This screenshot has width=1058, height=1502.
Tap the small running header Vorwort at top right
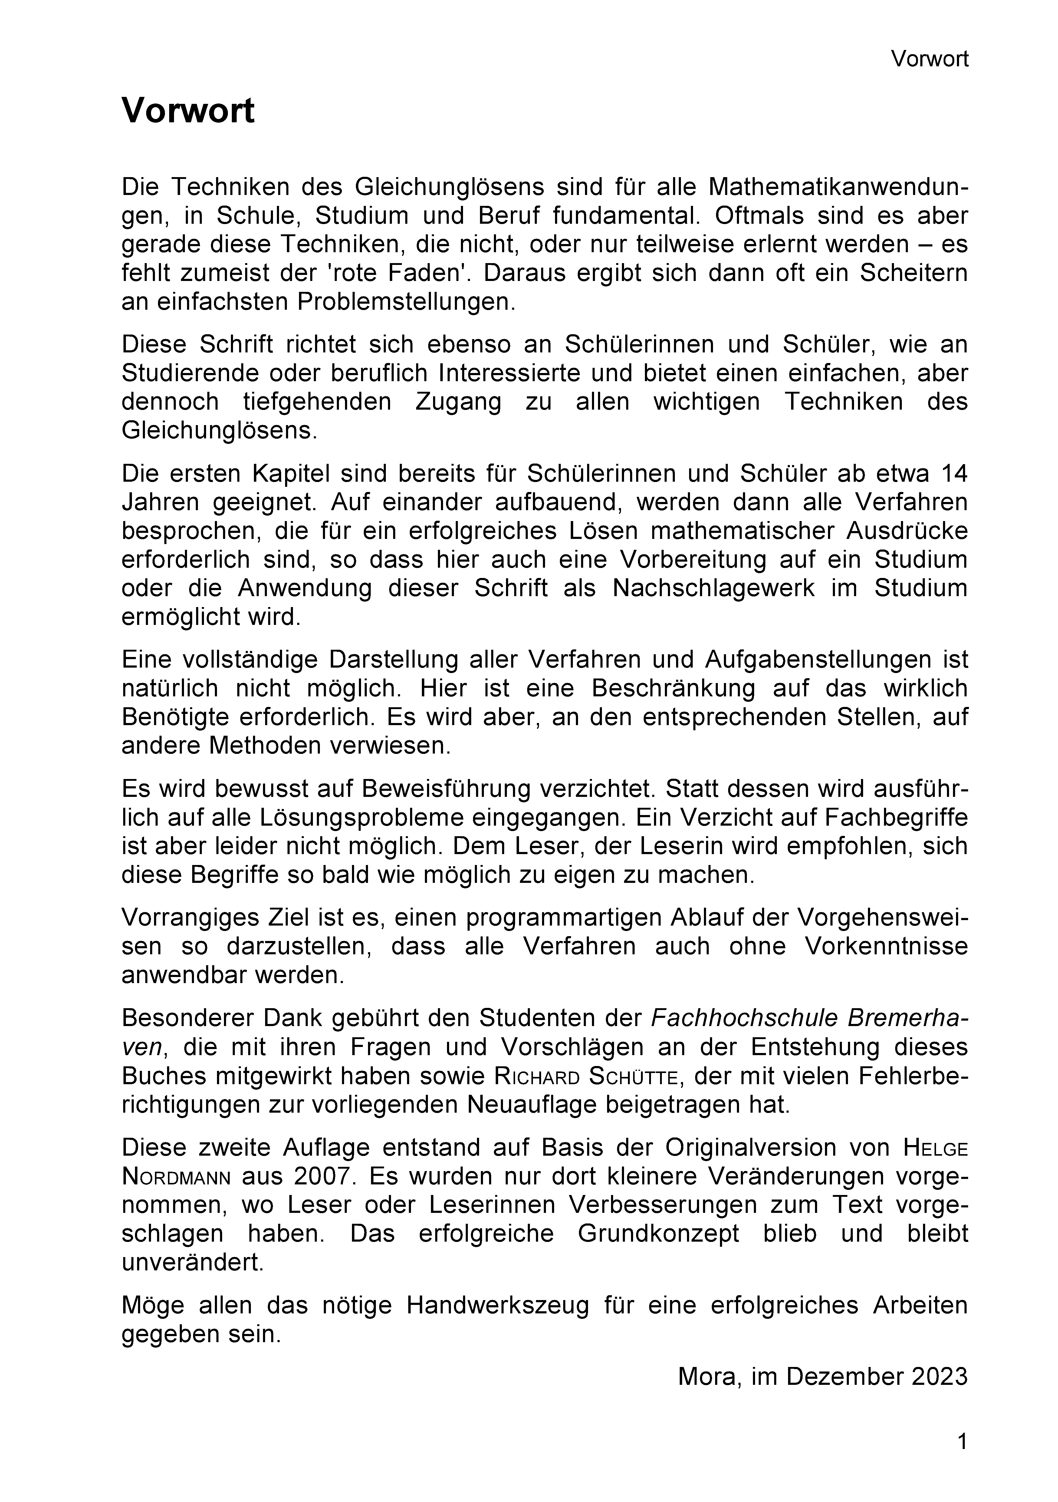coord(929,60)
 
